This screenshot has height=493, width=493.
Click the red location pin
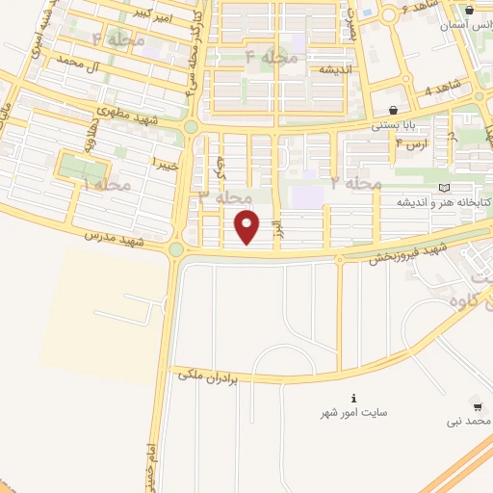[x=248, y=227]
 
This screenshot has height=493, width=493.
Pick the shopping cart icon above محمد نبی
[x=479, y=406]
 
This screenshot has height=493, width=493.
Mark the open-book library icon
[x=443, y=188]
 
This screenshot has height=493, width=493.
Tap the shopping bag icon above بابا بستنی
[x=393, y=110]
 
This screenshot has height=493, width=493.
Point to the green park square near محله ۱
[x=73, y=169]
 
